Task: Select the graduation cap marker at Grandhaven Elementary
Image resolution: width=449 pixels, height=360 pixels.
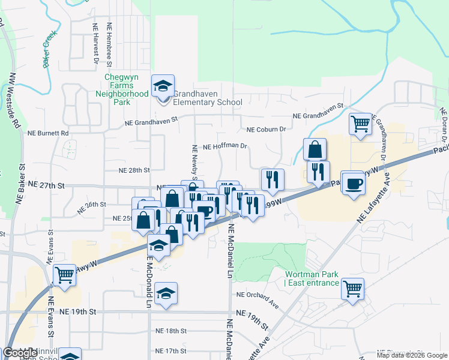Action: [163, 86]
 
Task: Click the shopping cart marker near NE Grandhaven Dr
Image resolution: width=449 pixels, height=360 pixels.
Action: [360, 124]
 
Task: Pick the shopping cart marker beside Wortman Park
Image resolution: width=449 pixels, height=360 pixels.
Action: [352, 289]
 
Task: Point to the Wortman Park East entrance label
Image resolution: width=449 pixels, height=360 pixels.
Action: [312, 278]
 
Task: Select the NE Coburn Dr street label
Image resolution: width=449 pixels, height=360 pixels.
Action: [267, 129]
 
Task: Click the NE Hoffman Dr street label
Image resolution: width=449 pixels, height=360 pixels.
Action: [226, 146]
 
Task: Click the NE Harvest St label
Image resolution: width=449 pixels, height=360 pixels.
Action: [95, 43]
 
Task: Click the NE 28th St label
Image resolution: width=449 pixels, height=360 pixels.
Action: [134, 170]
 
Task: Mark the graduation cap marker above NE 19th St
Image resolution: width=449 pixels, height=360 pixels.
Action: [166, 293]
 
